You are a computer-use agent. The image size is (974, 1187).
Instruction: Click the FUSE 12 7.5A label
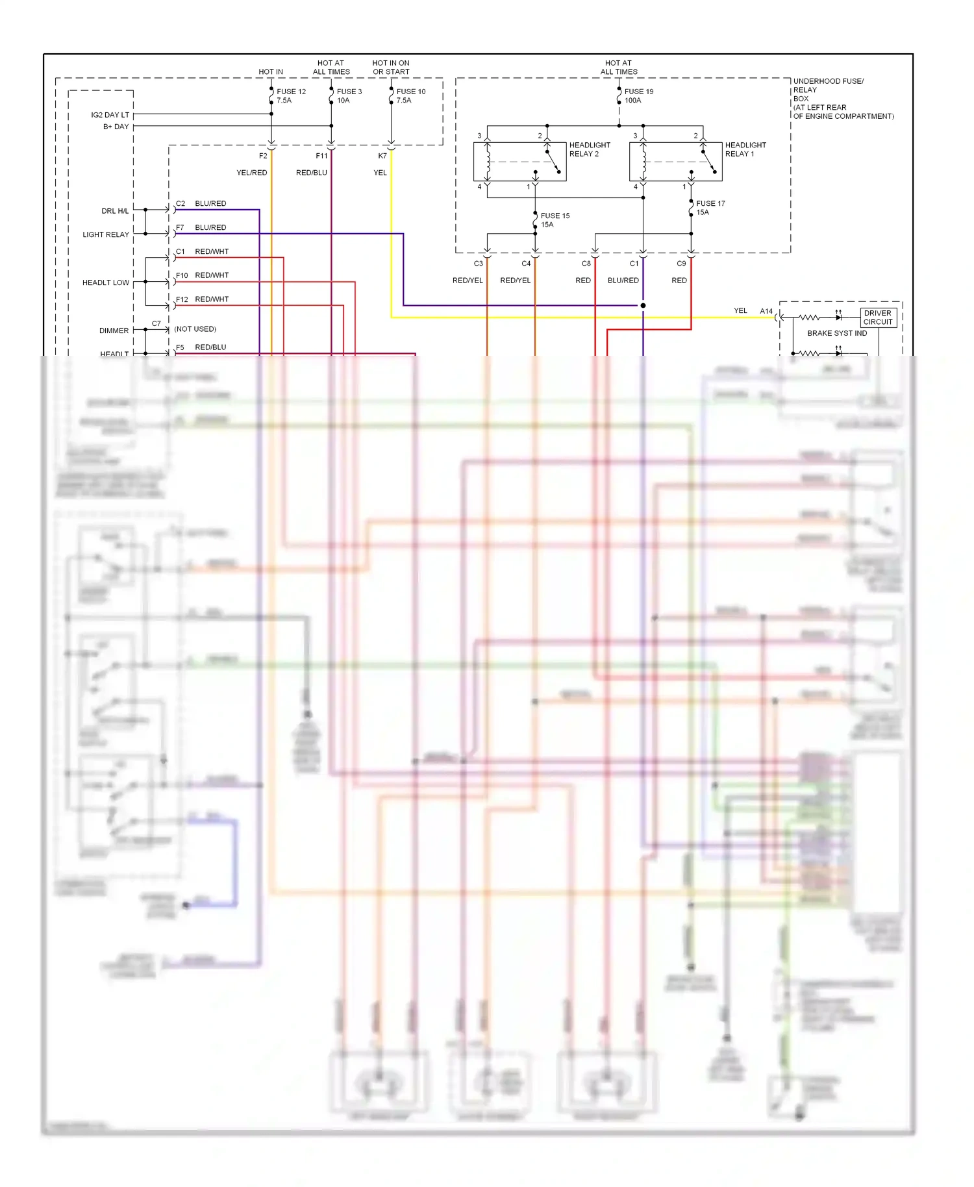pyautogui.click(x=290, y=96)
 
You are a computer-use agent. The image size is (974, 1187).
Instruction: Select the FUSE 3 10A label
pyautogui.click(x=349, y=96)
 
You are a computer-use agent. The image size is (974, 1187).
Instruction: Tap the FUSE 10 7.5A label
pyautogui.click(x=410, y=96)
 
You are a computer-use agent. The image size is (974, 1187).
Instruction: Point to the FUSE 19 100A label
pyautogui.click(x=638, y=96)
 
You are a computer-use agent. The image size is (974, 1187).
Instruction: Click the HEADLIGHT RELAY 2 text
pyautogui.click(x=589, y=149)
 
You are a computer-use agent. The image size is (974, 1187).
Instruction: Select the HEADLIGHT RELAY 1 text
pyautogui.click(x=745, y=149)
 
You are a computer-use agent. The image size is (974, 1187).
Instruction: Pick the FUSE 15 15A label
pyautogui.click(x=555, y=220)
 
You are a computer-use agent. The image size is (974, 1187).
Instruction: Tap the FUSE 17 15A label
pyautogui.click(x=710, y=208)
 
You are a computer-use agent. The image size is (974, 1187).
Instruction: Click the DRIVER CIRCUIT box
pyautogui.click(x=878, y=318)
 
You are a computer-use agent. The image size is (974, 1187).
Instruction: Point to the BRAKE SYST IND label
pyautogui.click(x=836, y=333)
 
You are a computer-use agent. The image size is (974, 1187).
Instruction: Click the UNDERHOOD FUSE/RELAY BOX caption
pyautogui.click(x=842, y=99)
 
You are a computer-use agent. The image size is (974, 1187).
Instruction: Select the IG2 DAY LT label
pyautogui.click(x=110, y=115)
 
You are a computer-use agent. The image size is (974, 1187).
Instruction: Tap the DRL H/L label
pyautogui.click(x=115, y=211)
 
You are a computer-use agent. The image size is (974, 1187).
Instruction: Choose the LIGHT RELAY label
pyautogui.click(x=105, y=234)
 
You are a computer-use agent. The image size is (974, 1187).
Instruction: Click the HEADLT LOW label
pyautogui.click(x=105, y=282)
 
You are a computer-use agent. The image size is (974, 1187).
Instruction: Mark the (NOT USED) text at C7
pyautogui.click(x=195, y=329)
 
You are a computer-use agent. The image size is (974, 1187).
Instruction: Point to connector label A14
pyautogui.click(x=766, y=311)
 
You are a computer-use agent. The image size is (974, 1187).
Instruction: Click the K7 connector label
pyautogui.click(x=382, y=156)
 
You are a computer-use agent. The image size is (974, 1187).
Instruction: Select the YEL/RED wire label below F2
pyautogui.click(x=251, y=173)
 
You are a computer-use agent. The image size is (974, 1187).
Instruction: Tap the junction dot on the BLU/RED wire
pyautogui.click(x=643, y=305)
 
